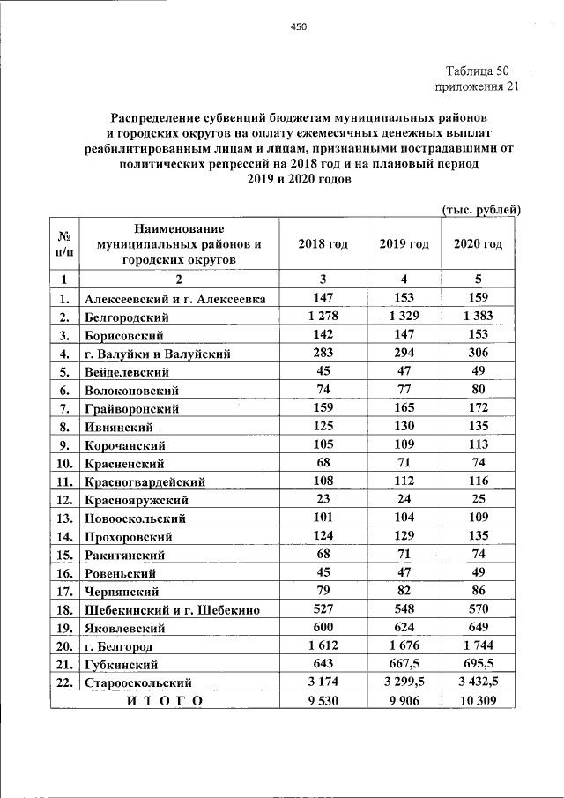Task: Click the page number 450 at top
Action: (298, 27)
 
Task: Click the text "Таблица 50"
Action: (477, 71)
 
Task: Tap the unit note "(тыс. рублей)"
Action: (480, 209)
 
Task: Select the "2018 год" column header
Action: (323, 244)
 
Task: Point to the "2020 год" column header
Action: (478, 244)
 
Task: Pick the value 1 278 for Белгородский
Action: (323, 317)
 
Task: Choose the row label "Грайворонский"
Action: (132, 408)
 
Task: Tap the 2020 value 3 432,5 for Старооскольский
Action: (478, 682)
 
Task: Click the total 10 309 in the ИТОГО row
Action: (478, 701)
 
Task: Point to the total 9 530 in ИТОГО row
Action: (323, 701)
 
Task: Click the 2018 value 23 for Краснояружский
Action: (323, 500)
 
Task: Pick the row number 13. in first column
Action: (64, 518)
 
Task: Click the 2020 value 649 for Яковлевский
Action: (478, 628)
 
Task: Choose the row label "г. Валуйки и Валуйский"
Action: (158, 354)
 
